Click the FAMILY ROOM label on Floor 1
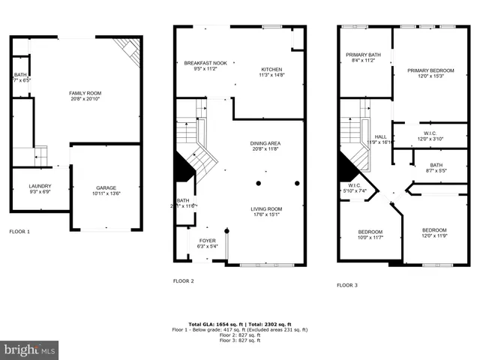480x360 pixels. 85,93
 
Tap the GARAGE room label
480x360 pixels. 106,187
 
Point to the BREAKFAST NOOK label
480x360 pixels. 205,63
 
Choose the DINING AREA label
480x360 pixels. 265,143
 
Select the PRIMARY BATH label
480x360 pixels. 363,55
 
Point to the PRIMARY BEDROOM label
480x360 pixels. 430,70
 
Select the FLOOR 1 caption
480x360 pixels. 19,232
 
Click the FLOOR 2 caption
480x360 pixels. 184,280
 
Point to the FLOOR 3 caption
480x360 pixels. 346,285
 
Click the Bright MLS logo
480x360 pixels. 30,349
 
